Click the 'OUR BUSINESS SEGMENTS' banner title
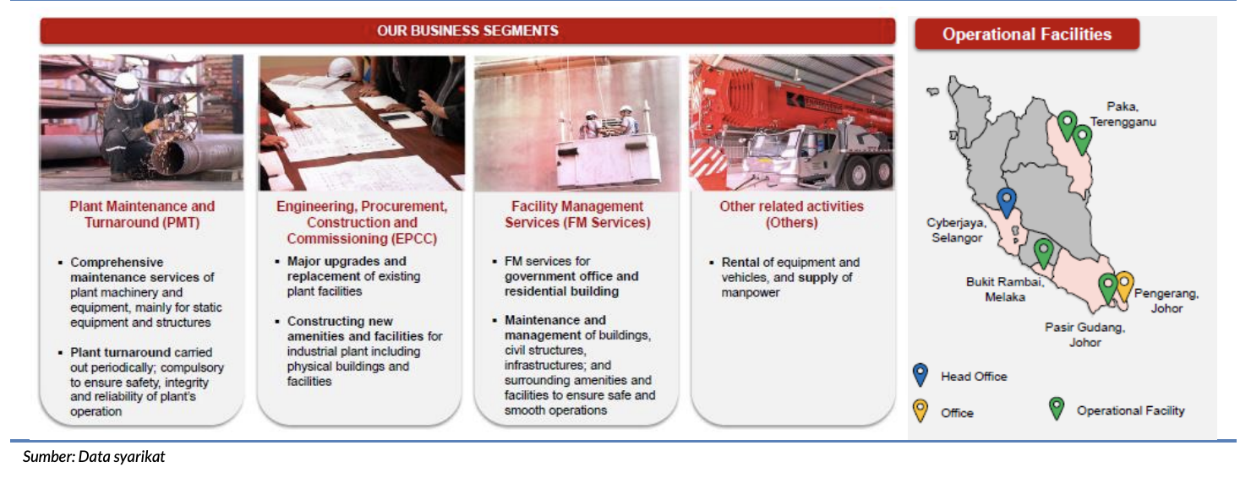(467, 30)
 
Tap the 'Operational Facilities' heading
(1026, 34)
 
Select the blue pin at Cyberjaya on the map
(1007, 202)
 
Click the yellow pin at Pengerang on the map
(1123, 285)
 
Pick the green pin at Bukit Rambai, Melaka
(1043, 253)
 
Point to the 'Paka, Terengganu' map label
(1123, 114)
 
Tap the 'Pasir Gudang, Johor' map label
(1084, 334)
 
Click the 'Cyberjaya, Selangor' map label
(956, 230)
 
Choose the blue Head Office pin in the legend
(920, 375)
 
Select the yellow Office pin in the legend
(920, 410)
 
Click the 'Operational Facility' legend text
(1130, 410)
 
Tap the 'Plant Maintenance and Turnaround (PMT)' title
(142, 215)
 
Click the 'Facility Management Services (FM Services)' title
(577, 215)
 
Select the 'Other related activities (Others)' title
(791, 215)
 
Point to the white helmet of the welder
(126, 81)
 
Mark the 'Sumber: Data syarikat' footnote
(94, 457)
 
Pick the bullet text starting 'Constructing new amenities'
(364, 351)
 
